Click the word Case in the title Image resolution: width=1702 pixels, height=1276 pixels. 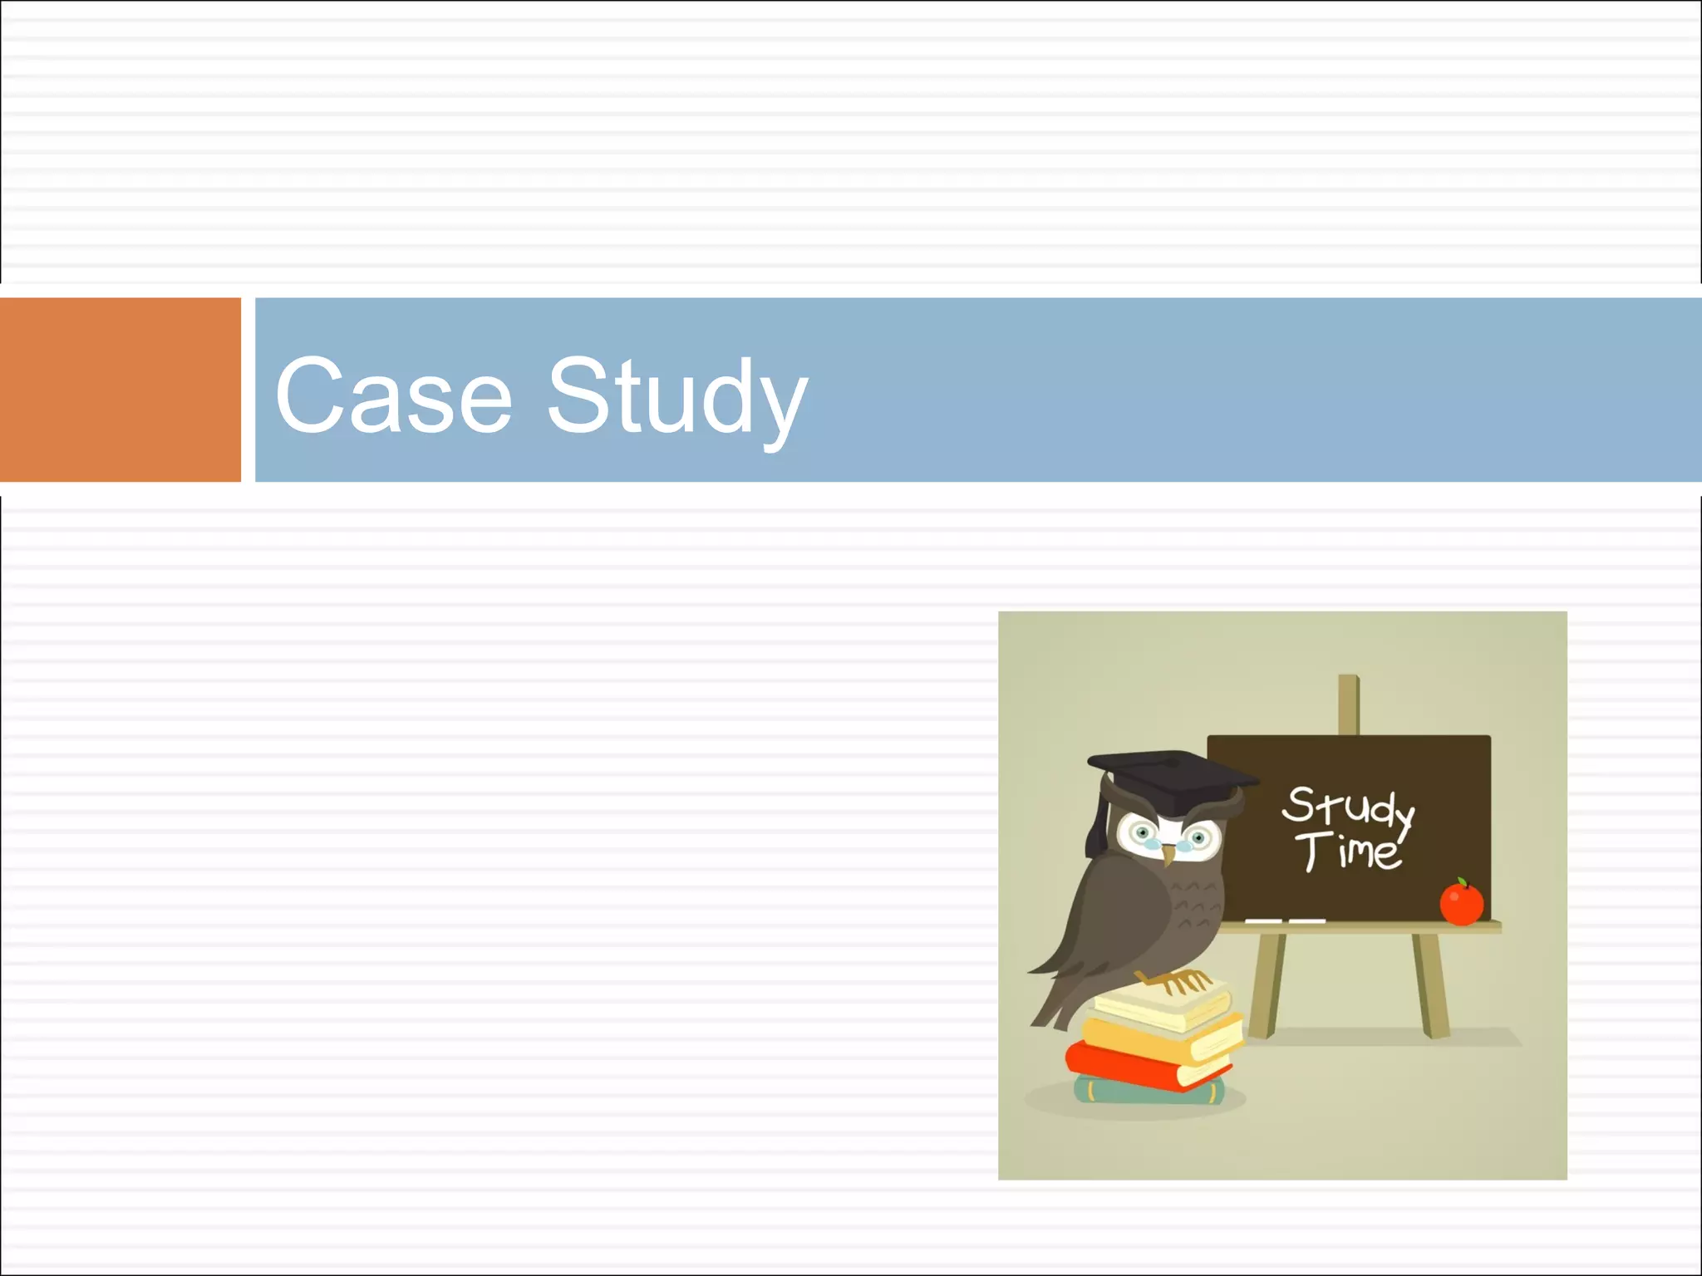click(x=393, y=395)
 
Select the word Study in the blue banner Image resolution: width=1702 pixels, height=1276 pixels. click(x=676, y=397)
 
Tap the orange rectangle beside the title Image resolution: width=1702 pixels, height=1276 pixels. click(x=120, y=390)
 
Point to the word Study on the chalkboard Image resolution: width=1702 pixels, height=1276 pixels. click(x=1346, y=807)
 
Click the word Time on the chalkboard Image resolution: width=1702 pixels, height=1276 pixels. click(x=1348, y=852)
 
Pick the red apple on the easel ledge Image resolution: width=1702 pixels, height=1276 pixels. click(x=1461, y=903)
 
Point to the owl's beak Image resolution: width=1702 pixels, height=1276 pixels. click(x=1168, y=854)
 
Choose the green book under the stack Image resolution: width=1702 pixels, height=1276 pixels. click(x=1147, y=1091)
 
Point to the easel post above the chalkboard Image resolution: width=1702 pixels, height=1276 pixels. click(x=1348, y=704)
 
